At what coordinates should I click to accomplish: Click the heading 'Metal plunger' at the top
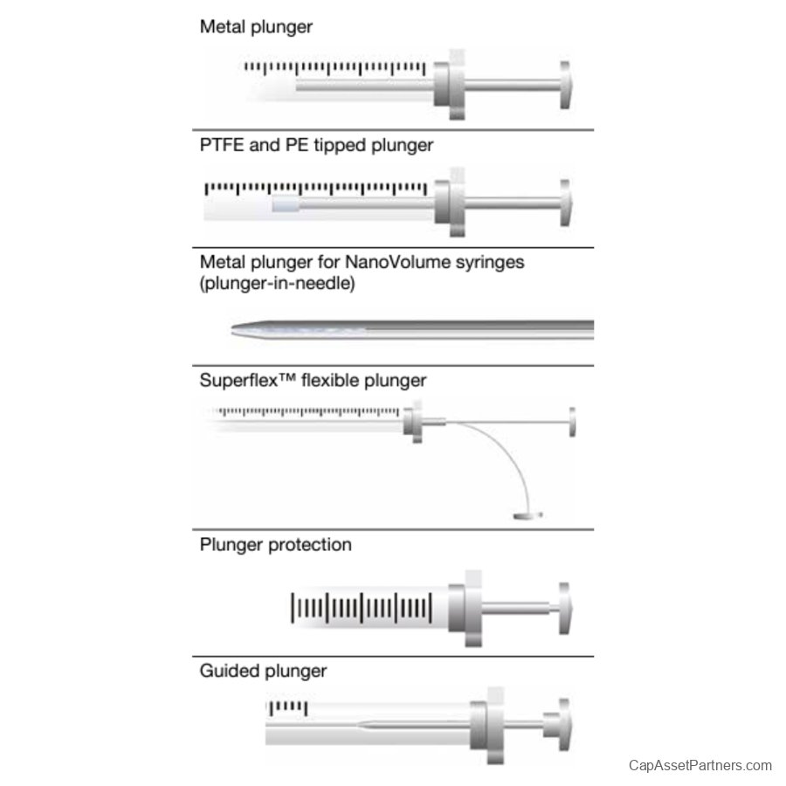[x=256, y=27]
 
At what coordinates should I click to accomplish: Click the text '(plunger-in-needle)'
[x=277, y=284]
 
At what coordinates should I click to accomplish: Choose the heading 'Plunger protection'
[x=276, y=545]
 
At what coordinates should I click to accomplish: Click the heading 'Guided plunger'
[x=263, y=672]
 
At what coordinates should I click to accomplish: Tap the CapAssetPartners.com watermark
[x=700, y=765]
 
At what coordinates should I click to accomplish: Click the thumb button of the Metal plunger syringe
[x=565, y=85]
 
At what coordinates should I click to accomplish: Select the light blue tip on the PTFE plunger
[x=286, y=205]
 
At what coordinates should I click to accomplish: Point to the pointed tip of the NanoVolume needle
[x=232, y=329]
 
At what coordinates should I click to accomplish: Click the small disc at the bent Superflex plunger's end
[x=527, y=515]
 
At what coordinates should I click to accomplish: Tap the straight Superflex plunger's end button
[x=572, y=422]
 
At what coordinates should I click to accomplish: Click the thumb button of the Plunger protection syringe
[x=565, y=608]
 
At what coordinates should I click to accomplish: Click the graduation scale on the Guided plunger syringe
[x=287, y=707]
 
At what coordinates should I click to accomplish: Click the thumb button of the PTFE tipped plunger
[x=565, y=203]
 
